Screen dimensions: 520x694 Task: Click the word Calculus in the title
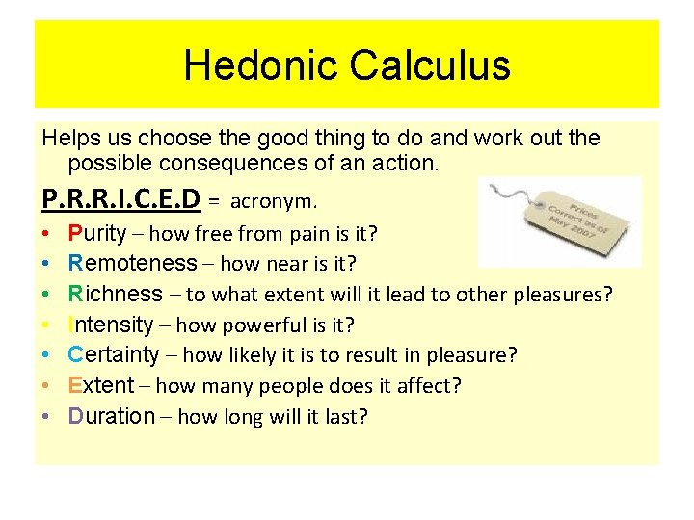point(430,65)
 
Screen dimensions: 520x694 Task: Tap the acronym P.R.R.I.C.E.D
point(121,200)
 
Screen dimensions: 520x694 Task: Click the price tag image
point(559,221)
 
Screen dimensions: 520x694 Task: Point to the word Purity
point(97,233)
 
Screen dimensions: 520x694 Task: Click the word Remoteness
point(132,263)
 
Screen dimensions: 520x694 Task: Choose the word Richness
point(116,294)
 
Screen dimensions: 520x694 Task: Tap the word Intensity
point(111,325)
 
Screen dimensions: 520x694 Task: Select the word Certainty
point(114,355)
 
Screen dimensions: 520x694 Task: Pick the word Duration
point(112,417)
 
